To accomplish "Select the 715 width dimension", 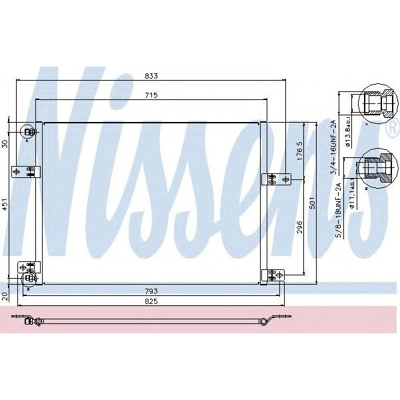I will pyautogui.click(x=151, y=95).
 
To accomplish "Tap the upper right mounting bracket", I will pyautogui.click(x=275, y=179).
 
